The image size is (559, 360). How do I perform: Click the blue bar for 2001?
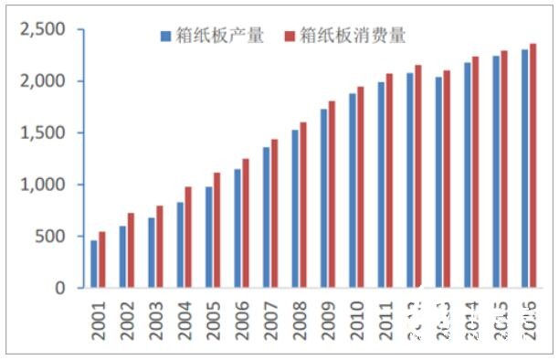coord(93,264)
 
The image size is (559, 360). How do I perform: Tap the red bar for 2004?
coord(188,238)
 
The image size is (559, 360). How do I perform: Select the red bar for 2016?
coord(533,165)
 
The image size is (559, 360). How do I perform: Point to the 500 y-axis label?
coord(52,237)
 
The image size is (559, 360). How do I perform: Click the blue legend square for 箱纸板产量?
coord(165,37)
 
